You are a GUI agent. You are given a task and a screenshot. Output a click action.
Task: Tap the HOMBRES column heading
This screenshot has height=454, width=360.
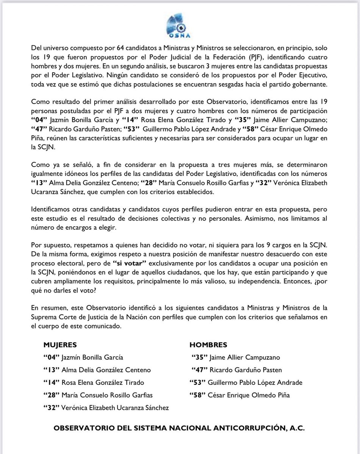click(208, 345)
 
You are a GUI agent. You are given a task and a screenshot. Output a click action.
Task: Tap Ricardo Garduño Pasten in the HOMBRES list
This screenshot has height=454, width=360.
click(237, 370)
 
